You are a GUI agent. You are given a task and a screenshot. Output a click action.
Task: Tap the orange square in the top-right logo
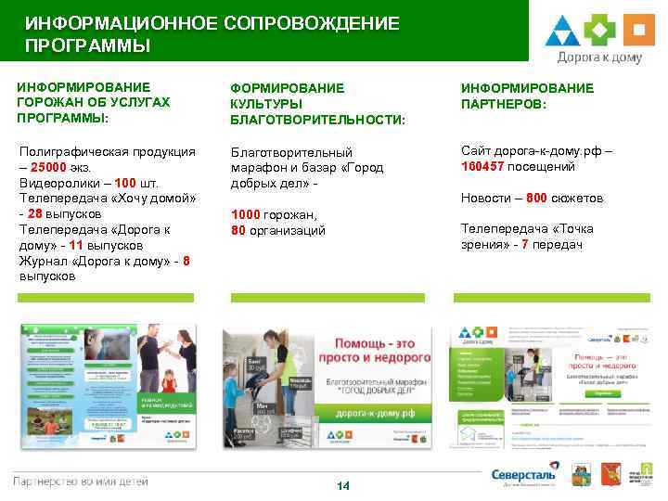click(x=637, y=31)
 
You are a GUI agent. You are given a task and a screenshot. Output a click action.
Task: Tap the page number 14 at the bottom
click(x=342, y=485)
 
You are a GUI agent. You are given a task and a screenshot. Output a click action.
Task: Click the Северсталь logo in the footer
click(x=525, y=475)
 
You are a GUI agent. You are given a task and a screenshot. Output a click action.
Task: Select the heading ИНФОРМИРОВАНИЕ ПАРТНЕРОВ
click(x=526, y=96)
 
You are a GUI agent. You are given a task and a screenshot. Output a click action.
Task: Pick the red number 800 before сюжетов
click(x=537, y=199)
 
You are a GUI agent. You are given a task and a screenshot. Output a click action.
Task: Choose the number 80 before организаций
click(x=238, y=230)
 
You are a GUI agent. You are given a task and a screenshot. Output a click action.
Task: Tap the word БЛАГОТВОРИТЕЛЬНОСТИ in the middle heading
click(x=317, y=121)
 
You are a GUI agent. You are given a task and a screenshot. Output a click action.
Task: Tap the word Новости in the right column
click(x=485, y=199)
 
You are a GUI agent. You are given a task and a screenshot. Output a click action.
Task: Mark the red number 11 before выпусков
click(x=78, y=246)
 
